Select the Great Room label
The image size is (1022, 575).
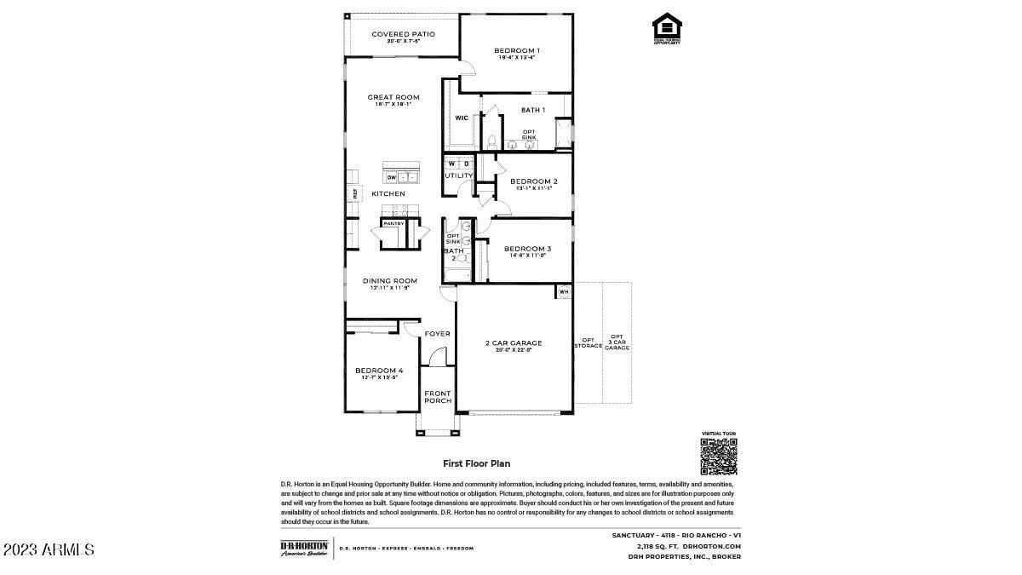pos(393,98)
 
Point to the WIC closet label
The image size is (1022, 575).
pos(461,118)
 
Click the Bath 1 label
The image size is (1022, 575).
pos(532,110)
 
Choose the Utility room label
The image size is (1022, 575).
pos(458,175)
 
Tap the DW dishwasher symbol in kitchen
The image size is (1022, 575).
pos(392,177)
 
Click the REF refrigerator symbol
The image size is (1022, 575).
pos(355,193)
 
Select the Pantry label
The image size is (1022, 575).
pos(393,223)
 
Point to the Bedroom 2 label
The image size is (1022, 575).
pos(534,181)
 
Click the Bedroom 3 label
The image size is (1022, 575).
pos(527,250)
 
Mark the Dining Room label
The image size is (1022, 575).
pos(389,282)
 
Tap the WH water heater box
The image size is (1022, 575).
pos(563,292)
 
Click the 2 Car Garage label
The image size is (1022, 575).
pos(514,344)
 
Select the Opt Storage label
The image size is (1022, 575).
pos(588,342)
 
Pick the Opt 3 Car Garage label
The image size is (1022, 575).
pos(617,342)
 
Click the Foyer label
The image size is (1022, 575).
pos(437,333)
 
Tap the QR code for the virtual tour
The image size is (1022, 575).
pos(718,457)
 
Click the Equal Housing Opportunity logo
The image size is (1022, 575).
pos(667,28)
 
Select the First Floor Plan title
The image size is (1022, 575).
pos(476,463)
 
